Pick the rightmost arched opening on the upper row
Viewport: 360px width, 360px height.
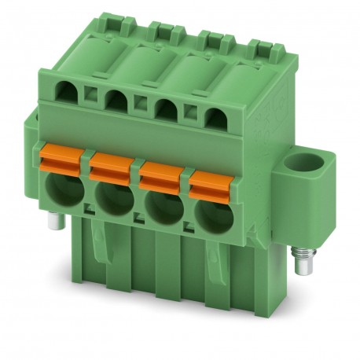[213, 118]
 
